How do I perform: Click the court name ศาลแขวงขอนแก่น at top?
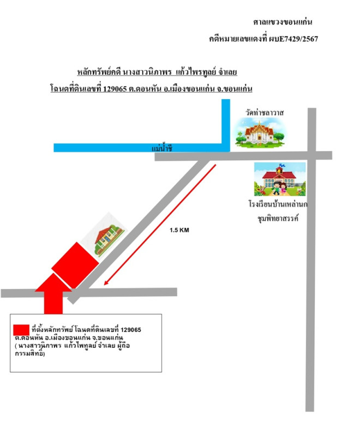point(283,22)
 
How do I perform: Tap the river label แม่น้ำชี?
point(162,148)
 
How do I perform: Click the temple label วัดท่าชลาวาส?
point(265,113)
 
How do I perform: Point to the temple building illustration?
point(259,132)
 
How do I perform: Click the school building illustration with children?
point(280,179)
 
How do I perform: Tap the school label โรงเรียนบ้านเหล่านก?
point(278,204)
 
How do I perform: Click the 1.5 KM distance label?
point(179,230)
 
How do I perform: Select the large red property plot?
point(75,265)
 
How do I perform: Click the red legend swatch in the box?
point(21,330)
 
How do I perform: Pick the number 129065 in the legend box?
point(131,330)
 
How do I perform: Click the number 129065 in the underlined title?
point(115,89)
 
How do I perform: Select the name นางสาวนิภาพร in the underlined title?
point(147,72)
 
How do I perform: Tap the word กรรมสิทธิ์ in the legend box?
point(30,354)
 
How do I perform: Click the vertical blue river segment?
point(226,125)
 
